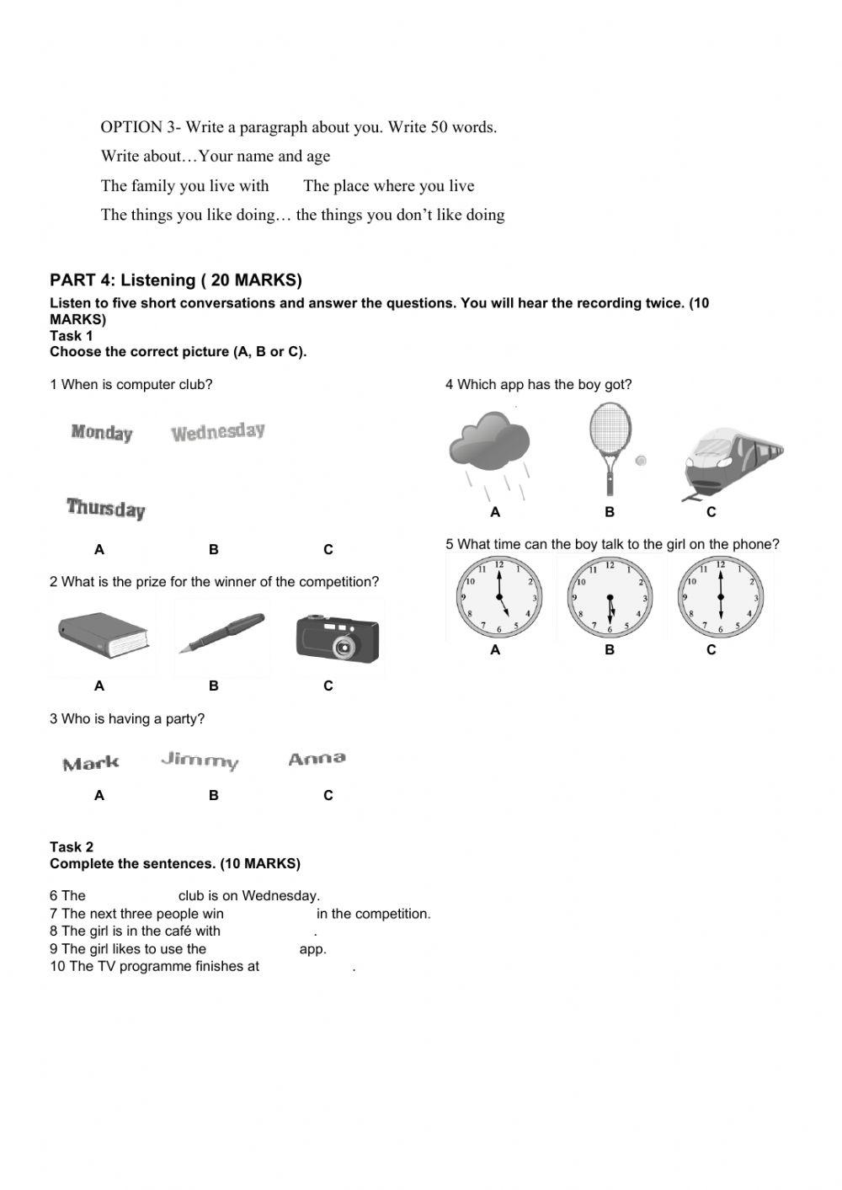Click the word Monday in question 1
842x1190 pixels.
point(102,433)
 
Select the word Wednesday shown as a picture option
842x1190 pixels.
point(218,432)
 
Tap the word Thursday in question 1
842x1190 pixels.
point(106,508)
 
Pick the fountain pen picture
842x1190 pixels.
point(221,632)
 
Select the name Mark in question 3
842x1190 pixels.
point(91,764)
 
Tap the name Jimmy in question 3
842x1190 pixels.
point(200,760)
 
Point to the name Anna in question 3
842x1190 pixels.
point(317,759)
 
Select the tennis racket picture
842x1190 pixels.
point(610,446)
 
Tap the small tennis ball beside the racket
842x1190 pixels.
point(641,461)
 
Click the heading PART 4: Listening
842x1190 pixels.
point(176,280)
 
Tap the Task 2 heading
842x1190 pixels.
point(72,847)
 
